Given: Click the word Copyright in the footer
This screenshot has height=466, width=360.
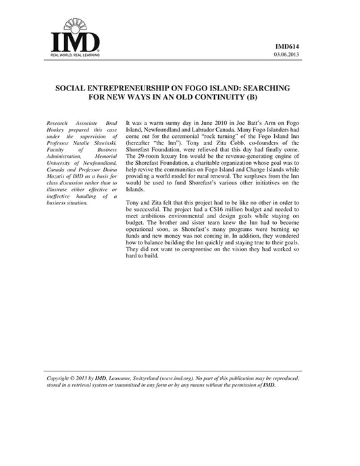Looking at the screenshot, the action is coord(57,379).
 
